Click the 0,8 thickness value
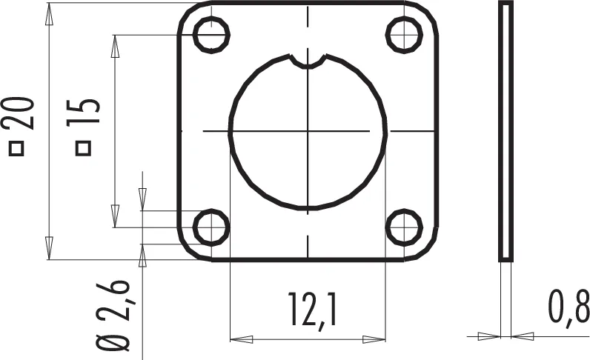pos(569,307)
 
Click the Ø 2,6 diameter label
pos(113,316)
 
